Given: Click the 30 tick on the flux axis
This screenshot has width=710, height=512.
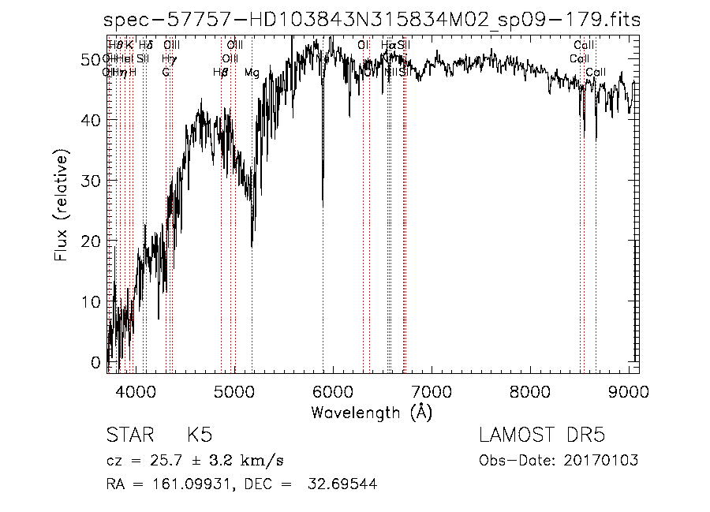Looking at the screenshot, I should point(94,181).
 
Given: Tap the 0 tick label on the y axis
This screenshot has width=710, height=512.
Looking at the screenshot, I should point(97,362).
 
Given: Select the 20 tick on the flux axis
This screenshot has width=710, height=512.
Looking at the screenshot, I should point(94,241).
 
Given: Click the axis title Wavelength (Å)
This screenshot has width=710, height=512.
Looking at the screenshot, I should point(372,413).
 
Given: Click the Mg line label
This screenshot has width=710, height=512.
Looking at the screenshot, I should point(252,73).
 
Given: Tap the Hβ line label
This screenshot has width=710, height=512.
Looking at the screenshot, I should point(221,73).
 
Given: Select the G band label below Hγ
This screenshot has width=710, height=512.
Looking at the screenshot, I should point(166,73).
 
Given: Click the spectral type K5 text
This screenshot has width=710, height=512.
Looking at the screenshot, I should point(199,435).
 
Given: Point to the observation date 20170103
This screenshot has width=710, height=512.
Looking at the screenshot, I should point(608,461).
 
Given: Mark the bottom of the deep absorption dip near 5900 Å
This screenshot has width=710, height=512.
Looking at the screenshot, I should point(323,207).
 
